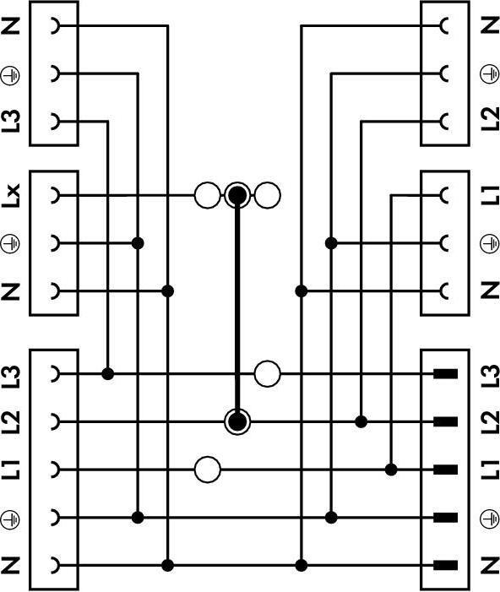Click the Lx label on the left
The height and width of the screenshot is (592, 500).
point(11,196)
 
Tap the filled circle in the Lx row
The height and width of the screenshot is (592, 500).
point(237,195)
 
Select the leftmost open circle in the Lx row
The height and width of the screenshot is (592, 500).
point(207,195)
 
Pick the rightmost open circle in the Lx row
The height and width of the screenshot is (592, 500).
point(268,195)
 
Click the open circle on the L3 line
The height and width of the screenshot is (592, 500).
point(268,374)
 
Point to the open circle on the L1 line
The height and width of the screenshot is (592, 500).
point(207,470)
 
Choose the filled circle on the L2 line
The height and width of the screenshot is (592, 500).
point(237,421)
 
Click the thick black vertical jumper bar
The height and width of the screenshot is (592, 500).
point(237,308)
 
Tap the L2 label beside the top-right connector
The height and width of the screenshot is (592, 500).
point(490,119)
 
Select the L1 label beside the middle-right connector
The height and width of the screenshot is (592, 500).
point(490,196)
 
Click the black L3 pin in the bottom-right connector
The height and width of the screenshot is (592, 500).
point(446,374)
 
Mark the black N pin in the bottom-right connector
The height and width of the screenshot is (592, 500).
point(446,565)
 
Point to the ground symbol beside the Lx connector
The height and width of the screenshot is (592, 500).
point(11,244)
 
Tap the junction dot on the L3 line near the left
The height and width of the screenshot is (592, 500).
point(108,374)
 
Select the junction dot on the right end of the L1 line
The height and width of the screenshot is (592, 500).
point(391,470)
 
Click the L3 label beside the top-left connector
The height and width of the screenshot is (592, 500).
point(11,121)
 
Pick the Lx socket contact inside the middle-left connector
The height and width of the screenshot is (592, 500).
point(56,196)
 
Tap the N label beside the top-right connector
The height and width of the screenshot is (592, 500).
point(490,25)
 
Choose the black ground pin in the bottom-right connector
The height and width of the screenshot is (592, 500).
point(446,518)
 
